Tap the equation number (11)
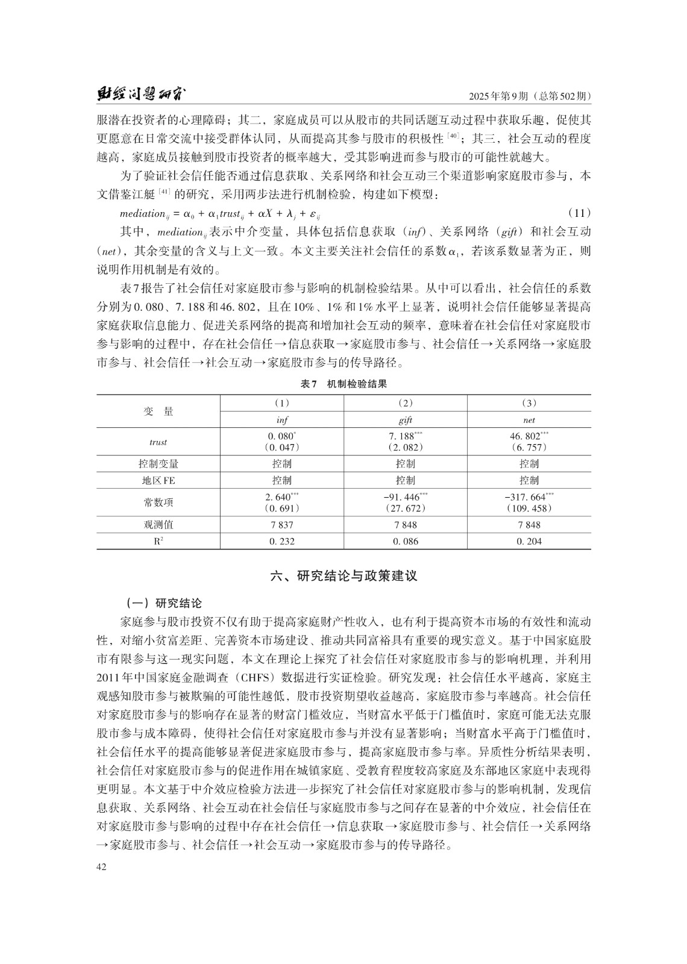click(x=579, y=213)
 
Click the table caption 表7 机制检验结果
click(x=343, y=384)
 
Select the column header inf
click(x=281, y=420)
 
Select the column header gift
click(x=406, y=420)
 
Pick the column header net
click(x=529, y=420)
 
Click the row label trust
click(x=158, y=442)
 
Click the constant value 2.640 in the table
click(x=278, y=497)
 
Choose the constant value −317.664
click(x=525, y=497)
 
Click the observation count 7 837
click(x=281, y=525)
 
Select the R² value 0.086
click(x=406, y=541)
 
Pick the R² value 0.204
click(x=529, y=541)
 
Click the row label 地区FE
click(x=158, y=480)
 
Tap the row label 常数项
click(x=158, y=502)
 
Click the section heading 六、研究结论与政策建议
click(x=343, y=576)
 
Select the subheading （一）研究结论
click(x=164, y=603)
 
